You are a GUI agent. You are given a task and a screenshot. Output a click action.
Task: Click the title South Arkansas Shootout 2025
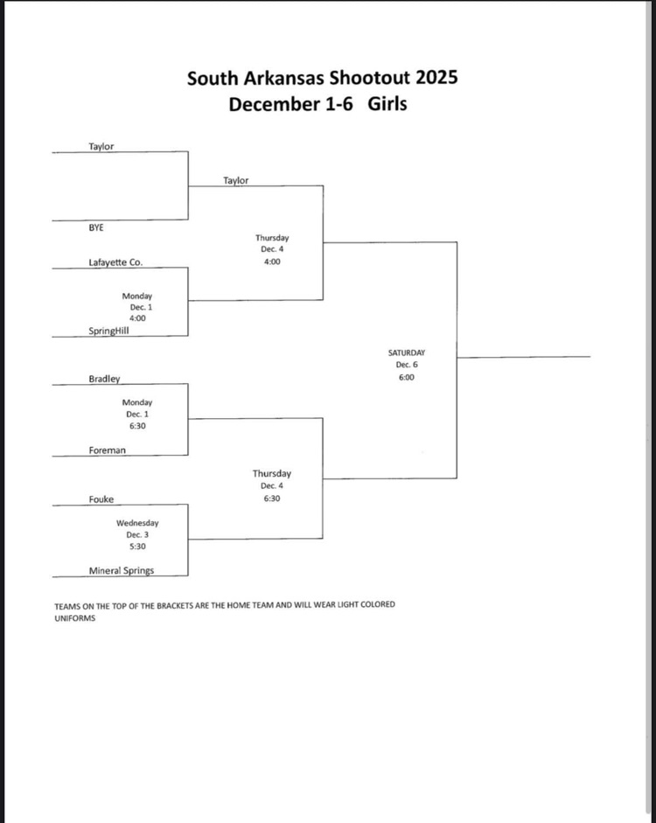pyautogui.click(x=322, y=78)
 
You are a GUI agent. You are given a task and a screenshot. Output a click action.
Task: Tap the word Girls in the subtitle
pyautogui.click(x=387, y=104)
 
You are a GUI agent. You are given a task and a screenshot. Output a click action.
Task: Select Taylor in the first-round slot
pyautogui.click(x=101, y=147)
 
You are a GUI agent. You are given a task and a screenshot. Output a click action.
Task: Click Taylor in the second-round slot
pyautogui.click(x=235, y=181)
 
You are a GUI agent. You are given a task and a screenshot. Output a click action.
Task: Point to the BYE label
pyautogui.click(x=96, y=227)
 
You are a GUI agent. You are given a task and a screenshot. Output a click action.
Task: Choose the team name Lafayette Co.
pyautogui.click(x=115, y=262)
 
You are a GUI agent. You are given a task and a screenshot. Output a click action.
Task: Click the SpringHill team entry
pyautogui.click(x=110, y=331)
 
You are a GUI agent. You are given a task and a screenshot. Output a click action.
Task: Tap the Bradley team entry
pyautogui.click(x=104, y=380)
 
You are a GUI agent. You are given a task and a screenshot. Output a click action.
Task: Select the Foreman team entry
pyautogui.click(x=107, y=450)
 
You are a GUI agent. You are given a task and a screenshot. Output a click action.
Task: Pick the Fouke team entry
pyautogui.click(x=101, y=499)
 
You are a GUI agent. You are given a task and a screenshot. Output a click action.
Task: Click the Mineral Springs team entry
pyautogui.click(x=121, y=571)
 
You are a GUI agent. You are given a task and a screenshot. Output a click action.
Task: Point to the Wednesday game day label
pyautogui.click(x=137, y=523)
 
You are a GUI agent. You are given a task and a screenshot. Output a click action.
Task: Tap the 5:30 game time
pyautogui.click(x=137, y=547)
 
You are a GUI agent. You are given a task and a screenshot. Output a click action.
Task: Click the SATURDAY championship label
pyautogui.click(x=407, y=352)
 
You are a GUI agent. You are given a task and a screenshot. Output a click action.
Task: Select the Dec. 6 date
pyautogui.click(x=407, y=365)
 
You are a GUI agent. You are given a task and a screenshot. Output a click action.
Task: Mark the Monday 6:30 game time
pyautogui.click(x=137, y=426)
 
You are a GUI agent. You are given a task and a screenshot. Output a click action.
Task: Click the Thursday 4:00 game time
pyautogui.click(x=272, y=262)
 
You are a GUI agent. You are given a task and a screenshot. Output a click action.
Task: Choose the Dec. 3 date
pyautogui.click(x=137, y=534)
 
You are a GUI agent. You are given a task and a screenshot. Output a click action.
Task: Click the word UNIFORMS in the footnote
pyautogui.click(x=74, y=617)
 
